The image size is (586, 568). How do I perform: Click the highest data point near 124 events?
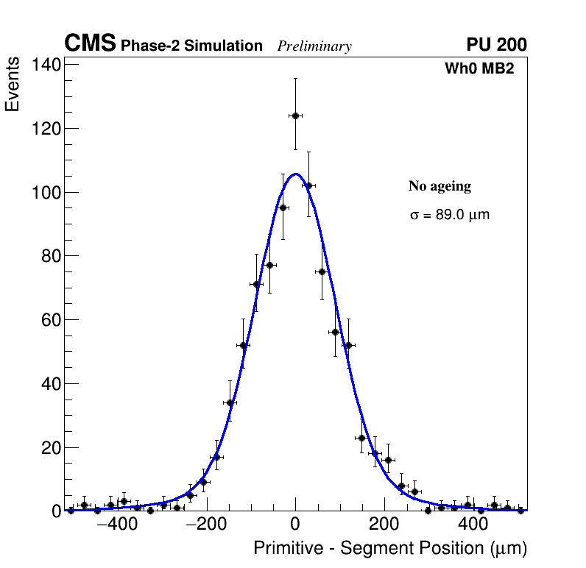[x=295, y=116]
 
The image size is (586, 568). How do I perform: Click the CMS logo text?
[x=90, y=44]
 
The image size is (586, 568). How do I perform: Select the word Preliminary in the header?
[x=314, y=47]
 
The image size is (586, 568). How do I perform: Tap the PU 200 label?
[x=496, y=45]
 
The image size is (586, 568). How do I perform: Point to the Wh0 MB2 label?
[x=479, y=68]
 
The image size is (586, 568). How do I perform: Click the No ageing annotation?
[x=439, y=187]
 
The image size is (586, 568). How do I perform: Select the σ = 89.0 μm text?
[x=449, y=216]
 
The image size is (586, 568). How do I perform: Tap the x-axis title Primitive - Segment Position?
[x=389, y=548]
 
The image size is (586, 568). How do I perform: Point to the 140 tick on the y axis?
[x=46, y=65]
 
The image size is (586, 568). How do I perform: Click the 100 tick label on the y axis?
[x=46, y=193]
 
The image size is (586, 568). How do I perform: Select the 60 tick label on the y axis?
[x=50, y=320]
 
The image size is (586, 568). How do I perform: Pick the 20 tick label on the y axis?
[x=50, y=447]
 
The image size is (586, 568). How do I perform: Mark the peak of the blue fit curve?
[x=295, y=174]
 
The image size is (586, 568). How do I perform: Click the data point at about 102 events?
[x=308, y=185]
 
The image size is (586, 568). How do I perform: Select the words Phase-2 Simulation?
[x=191, y=46]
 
